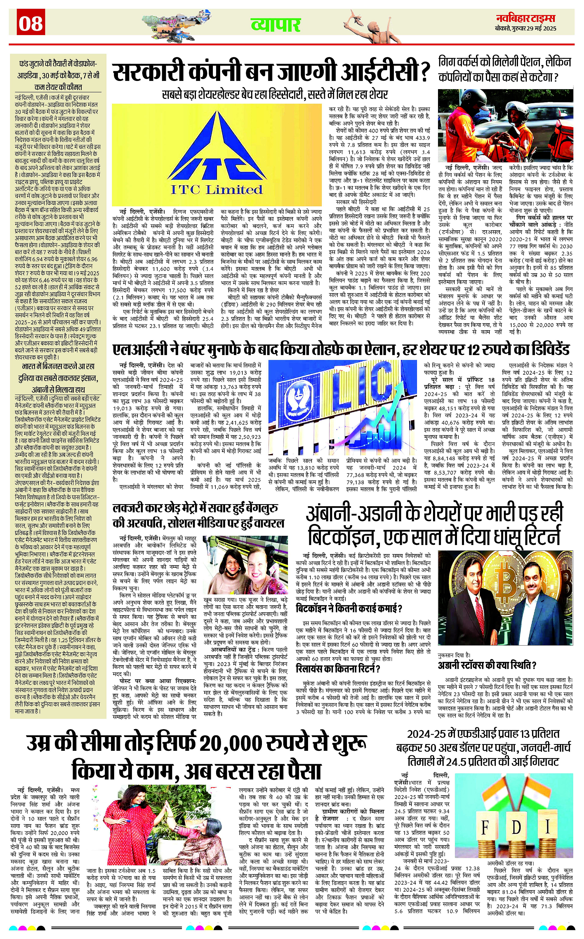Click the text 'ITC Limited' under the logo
(216, 189)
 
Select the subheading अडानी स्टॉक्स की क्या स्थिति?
(487, 665)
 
